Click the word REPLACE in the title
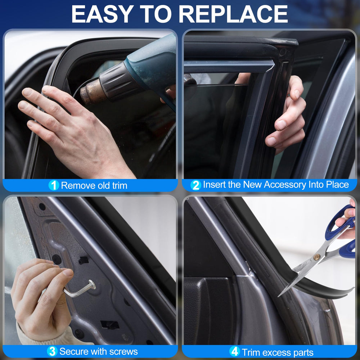click(233, 14)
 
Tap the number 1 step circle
click(54, 185)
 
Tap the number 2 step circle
click(196, 185)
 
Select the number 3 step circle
click(52, 351)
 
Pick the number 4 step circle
click(235, 351)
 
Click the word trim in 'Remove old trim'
click(120, 185)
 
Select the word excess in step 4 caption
click(275, 352)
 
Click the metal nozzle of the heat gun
click(90, 92)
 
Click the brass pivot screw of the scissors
click(317, 257)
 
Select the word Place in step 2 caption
click(338, 185)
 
